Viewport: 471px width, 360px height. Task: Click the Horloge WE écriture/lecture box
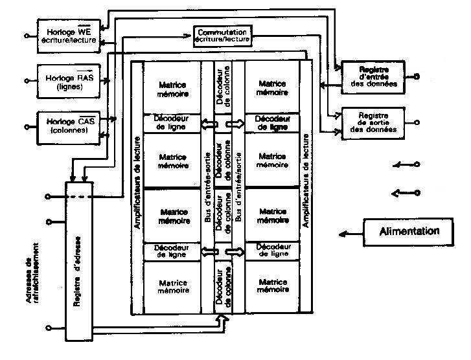coord(67,35)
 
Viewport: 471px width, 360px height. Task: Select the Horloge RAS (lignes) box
coord(67,80)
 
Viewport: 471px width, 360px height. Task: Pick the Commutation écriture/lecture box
coord(222,35)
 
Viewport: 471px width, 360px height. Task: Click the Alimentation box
coord(409,231)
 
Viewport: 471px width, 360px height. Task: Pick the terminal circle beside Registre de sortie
coord(416,121)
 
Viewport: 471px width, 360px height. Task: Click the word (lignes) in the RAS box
coord(67,85)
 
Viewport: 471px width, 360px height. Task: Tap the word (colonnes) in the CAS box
coord(67,131)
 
